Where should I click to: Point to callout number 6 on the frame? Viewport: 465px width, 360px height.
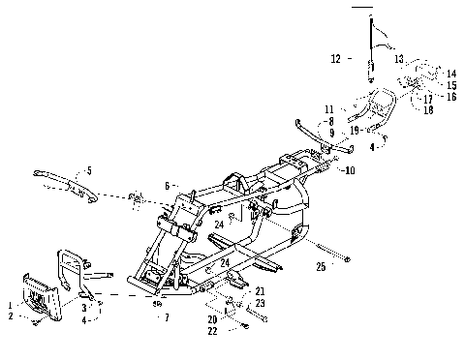pyautogui.click(x=168, y=185)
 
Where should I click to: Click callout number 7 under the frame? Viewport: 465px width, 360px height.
pyautogui.click(x=166, y=316)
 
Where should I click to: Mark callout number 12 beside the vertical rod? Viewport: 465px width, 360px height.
pyautogui.click(x=334, y=59)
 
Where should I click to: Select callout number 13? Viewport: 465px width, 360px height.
pyautogui.click(x=399, y=59)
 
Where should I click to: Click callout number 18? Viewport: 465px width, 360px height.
pyautogui.click(x=426, y=111)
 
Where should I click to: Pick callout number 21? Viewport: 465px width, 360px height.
pyautogui.click(x=259, y=290)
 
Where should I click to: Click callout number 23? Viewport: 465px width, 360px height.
pyautogui.click(x=260, y=304)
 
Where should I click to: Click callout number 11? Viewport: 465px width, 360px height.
pyautogui.click(x=329, y=109)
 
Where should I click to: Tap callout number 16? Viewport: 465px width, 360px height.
pyautogui.click(x=451, y=97)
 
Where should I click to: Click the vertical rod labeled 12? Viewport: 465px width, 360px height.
pyautogui.click(x=371, y=39)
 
